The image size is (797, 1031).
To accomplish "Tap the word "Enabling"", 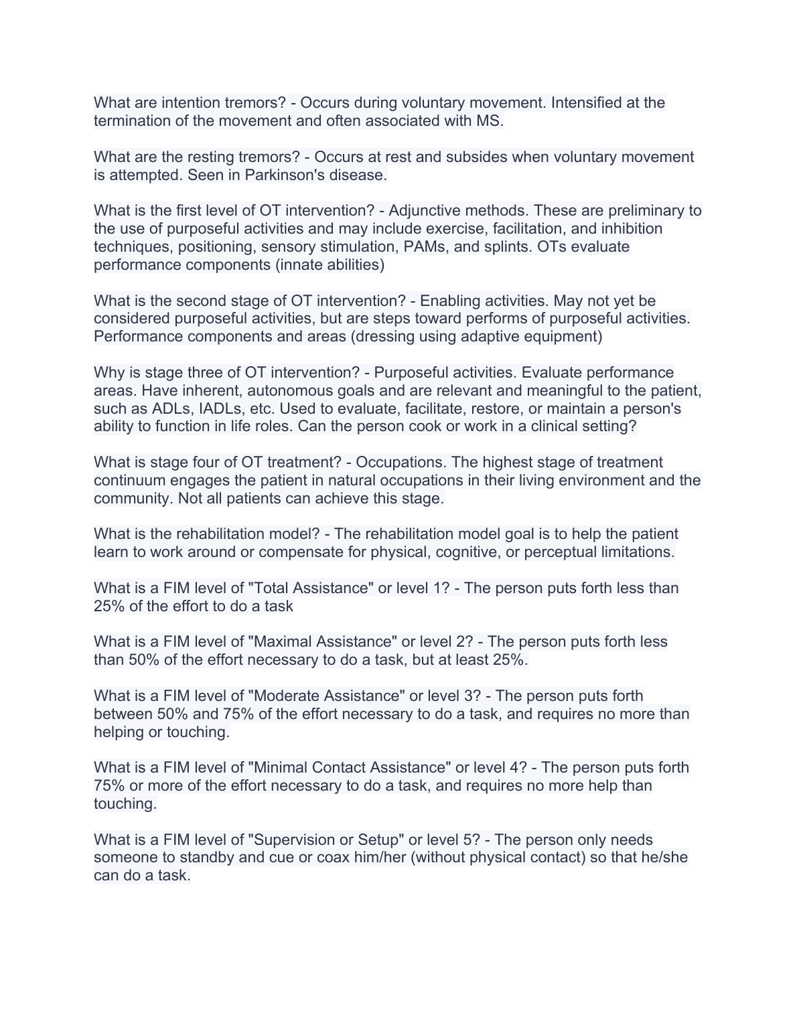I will [x=450, y=301].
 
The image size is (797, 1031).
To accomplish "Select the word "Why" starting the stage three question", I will [x=108, y=373].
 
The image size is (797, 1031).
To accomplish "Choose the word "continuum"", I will [x=129, y=481].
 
